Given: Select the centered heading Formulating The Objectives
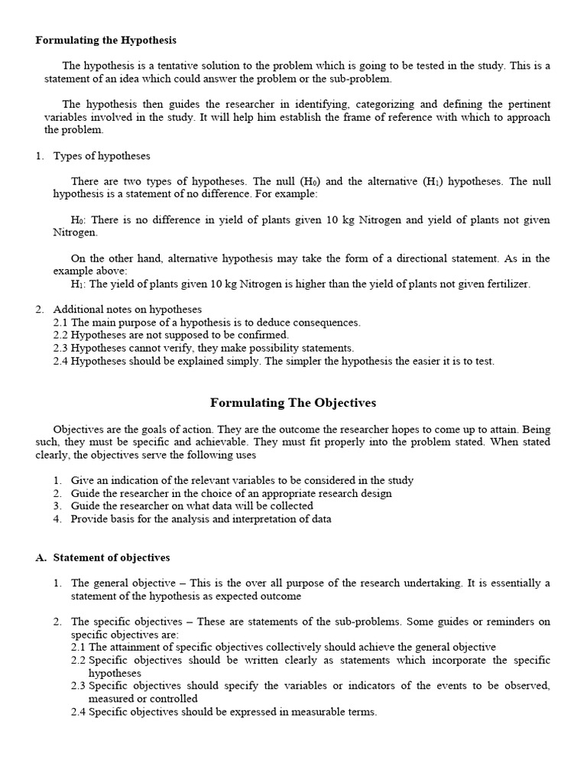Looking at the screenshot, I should (293, 402).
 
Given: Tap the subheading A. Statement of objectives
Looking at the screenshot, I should (102, 557).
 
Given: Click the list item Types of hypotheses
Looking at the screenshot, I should (102, 156).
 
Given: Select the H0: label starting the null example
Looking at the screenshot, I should (79, 220).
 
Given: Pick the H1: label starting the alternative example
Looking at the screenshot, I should (79, 284).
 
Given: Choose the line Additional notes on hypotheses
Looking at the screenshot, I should (127, 310).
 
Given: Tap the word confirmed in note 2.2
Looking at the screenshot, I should (262, 336).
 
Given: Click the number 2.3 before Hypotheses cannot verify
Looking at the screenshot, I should (61, 349).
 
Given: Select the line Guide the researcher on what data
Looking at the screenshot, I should (192, 506).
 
